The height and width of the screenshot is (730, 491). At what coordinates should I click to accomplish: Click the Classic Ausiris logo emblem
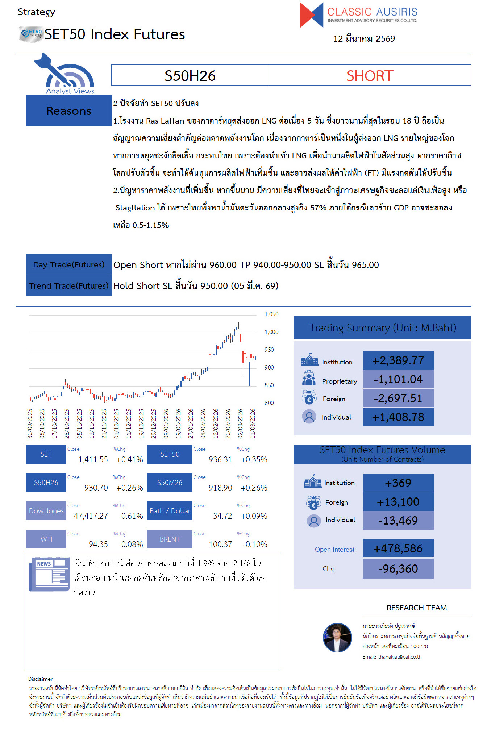click(311, 15)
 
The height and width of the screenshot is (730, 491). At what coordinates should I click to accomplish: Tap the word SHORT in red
click(370, 76)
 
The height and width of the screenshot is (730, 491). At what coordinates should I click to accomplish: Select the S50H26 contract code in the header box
click(190, 76)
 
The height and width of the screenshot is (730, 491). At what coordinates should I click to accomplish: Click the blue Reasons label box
click(69, 111)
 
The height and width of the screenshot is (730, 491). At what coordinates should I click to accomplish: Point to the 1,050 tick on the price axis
click(271, 314)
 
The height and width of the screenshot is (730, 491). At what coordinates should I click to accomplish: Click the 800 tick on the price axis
click(269, 403)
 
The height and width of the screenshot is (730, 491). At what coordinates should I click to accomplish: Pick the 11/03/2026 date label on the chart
click(253, 424)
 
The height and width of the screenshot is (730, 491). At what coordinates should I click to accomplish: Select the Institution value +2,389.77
click(398, 360)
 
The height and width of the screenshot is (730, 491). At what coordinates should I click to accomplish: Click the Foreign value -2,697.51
click(398, 398)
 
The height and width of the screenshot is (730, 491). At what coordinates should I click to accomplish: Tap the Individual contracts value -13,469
click(398, 521)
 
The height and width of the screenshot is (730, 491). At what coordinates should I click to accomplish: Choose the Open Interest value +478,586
click(398, 548)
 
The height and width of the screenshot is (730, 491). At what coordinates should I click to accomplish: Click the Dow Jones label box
click(46, 511)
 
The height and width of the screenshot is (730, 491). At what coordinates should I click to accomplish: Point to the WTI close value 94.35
click(98, 544)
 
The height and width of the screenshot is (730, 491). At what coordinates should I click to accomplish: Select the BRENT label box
click(170, 539)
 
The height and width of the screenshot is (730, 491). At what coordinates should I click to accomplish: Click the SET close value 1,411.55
click(93, 459)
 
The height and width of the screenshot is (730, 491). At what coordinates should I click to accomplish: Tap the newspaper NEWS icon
click(49, 574)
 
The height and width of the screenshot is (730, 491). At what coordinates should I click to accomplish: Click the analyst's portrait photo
click(337, 638)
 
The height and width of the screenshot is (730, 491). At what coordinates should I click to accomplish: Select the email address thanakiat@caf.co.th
click(400, 657)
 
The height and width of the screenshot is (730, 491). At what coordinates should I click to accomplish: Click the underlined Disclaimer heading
click(41, 679)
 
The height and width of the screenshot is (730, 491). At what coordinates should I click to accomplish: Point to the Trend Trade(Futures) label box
click(69, 286)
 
